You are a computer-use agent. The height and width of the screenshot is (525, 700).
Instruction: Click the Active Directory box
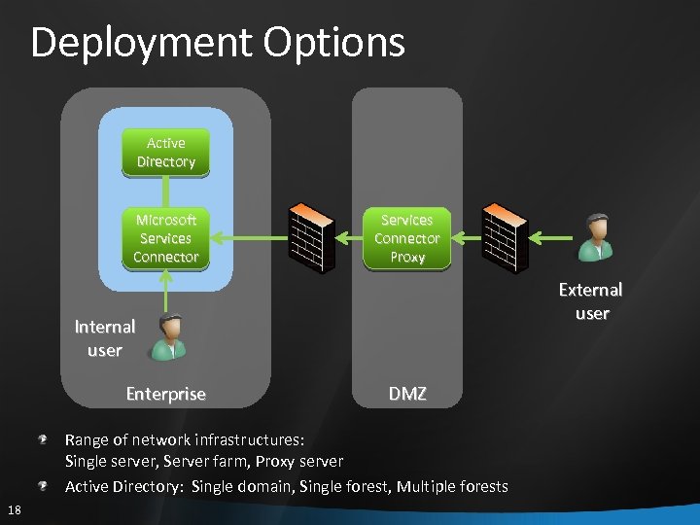pyautogui.click(x=166, y=153)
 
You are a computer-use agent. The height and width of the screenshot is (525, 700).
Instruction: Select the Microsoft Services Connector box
pyautogui.click(x=166, y=238)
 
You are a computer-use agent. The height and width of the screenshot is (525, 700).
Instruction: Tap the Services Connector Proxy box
pyautogui.click(x=407, y=238)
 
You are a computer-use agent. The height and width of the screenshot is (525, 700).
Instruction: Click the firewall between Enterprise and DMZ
pyautogui.click(x=311, y=237)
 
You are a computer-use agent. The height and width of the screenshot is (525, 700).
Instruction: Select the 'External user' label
pyautogui.click(x=590, y=301)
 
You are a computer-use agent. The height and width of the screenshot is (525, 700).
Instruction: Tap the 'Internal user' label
pyautogui.click(x=104, y=338)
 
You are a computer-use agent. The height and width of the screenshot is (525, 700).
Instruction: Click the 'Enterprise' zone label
pyautogui.click(x=166, y=394)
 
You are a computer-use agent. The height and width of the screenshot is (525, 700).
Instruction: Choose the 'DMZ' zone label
pyautogui.click(x=407, y=394)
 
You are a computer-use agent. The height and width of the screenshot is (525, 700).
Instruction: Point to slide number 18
pyautogui.click(x=15, y=510)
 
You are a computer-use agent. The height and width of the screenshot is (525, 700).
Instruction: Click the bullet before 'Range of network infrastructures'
pyautogui.click(x=44, y=439)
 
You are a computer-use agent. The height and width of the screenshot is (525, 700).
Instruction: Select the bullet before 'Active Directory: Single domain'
pyautogui.click(x=44, y=484)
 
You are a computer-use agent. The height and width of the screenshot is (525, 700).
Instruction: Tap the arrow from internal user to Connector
pyautogui.click(x=166, y=292)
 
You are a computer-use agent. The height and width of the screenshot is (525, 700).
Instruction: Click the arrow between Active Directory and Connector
pyautogui.click(x=166, y=190)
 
